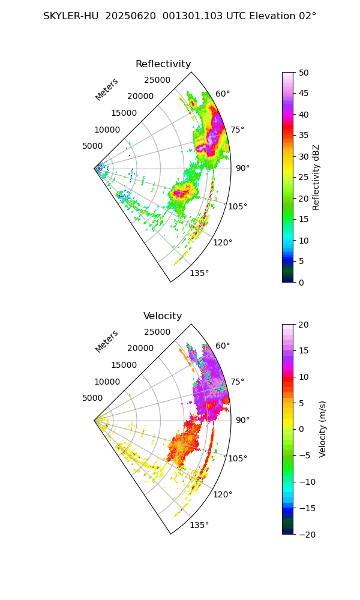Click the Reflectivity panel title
tap(163, 64)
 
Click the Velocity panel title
tap(163, 316)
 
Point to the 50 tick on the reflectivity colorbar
tap(303, 73)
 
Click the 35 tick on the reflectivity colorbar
tap(303, 136)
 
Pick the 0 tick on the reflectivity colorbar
tap(301, 283)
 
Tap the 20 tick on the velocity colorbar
tap(303, 325)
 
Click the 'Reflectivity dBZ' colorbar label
tap(316, 177)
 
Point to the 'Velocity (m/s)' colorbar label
tap(323, 430)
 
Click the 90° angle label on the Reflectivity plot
tap(242, 168)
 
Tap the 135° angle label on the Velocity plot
tap(199, 525)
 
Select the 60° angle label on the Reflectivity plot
tap(223, 94)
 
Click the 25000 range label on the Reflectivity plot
tap(157, 80)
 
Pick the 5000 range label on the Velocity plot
tap(92, 398)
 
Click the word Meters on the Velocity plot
tap(107, 341)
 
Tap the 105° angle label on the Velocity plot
tap(238, 458)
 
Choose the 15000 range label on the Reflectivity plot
tap(124, 113)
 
